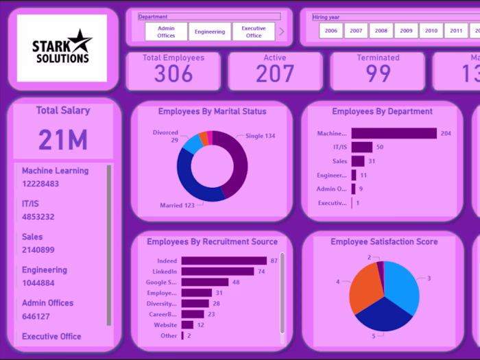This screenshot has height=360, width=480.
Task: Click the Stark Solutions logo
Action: tap(62, 48)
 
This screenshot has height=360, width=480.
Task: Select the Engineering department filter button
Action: tap(210, 32)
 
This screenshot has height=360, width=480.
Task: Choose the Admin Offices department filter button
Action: tap(166, 32)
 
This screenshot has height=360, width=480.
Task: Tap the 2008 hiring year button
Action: tap(381, 31)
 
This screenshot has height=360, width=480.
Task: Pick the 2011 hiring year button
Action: tap(455, 31)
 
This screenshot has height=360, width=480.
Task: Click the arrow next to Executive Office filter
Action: tap(281, 32)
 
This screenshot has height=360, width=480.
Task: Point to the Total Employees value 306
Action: tap(173, 73)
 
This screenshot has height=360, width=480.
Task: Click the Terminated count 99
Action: tap(378, 73)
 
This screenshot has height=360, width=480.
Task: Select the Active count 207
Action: tap(275, 73)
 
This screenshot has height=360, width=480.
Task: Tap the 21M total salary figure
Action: tap(63, 140)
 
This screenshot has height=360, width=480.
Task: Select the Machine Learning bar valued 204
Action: tap(394, 134)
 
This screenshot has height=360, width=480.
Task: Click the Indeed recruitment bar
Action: tap(224, 261)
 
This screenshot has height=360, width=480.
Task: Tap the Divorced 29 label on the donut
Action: tap(165, 136)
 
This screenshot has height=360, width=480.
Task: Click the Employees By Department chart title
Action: tap(382, 111)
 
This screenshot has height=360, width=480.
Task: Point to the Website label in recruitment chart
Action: tap(165, 325)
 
